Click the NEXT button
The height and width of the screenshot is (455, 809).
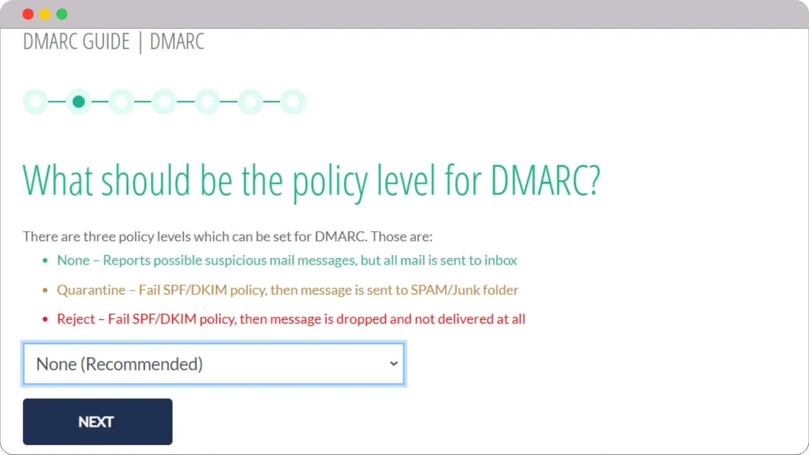point(97,422)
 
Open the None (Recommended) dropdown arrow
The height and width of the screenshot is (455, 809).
point(394,364)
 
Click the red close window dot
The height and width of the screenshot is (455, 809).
point(28,14)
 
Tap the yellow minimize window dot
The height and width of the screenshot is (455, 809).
point(45,14)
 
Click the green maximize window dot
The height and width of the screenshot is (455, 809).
point(62,14)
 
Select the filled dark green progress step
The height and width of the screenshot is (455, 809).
point(79,102)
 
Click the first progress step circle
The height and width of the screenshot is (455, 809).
point(36,102)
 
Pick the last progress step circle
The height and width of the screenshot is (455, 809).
point(293,102)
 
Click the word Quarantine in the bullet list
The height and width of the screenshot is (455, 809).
point(91,290)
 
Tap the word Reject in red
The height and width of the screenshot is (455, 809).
point(76,319)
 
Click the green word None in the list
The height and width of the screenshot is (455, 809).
point(73,260)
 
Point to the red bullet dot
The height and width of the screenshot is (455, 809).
point(45,319)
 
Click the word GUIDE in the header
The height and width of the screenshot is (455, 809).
point(106,41)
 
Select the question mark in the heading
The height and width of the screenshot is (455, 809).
point(594,180)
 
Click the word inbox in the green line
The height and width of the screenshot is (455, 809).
point(501,260)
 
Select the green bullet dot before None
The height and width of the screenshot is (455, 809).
point(45,261)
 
